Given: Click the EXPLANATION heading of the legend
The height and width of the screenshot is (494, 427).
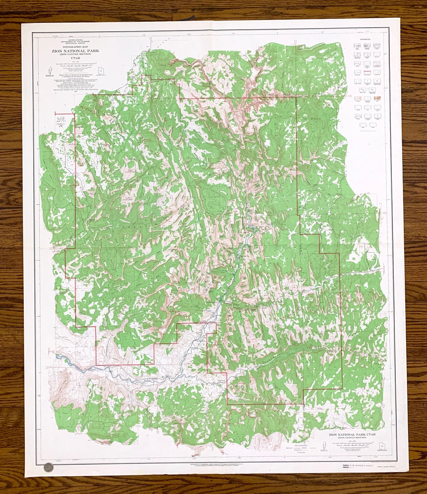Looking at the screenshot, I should pyautogui.click(x=366, y=40).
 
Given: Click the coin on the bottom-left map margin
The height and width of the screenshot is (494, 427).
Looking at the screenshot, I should pyautogui.click(x=48, y=467).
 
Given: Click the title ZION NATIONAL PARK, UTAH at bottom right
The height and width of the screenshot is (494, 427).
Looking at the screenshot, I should pyautogui.click(x=352, y=434).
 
